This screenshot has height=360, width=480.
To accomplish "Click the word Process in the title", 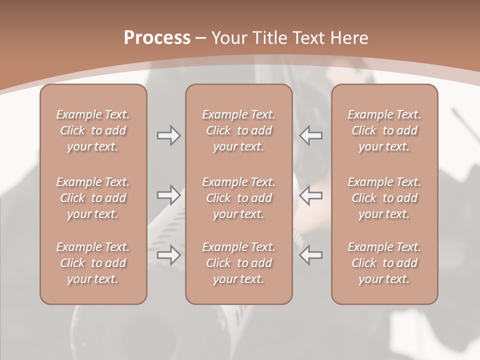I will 157,38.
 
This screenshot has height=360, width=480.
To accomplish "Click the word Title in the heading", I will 270,38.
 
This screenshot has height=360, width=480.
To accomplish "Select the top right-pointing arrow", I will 168,135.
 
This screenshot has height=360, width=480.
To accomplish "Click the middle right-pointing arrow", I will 168,195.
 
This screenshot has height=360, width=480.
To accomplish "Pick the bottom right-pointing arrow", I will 168,255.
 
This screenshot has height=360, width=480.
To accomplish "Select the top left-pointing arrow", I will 311,135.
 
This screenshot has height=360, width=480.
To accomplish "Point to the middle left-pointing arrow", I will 311,195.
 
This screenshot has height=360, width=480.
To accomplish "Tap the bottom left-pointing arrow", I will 311,255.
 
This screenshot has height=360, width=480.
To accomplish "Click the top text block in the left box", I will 93,130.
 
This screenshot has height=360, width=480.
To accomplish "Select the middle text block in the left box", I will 93,198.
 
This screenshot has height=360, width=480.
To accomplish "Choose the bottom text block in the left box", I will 93,263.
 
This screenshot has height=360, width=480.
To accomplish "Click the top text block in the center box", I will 238,130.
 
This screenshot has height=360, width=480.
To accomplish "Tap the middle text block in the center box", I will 238,198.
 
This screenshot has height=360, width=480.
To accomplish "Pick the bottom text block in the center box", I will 238,263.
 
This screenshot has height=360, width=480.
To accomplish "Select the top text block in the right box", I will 384,130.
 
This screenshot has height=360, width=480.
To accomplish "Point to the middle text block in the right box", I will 384,198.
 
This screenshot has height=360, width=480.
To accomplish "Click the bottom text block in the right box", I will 384,263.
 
